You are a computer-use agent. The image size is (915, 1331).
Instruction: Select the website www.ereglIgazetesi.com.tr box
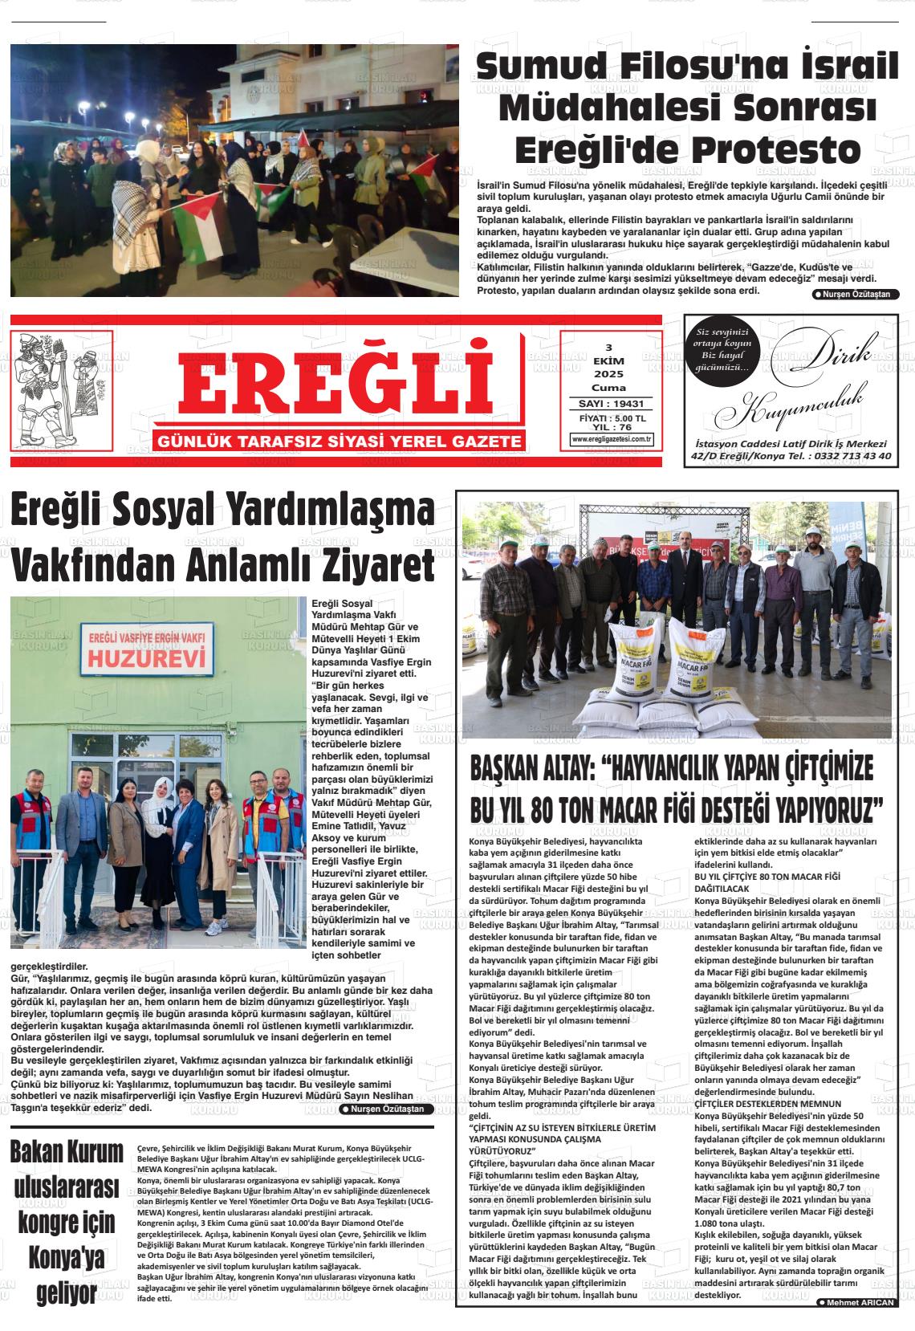611,439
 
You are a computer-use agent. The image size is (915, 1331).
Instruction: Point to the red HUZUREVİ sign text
147,659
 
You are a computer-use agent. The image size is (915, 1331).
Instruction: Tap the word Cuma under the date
608,387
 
